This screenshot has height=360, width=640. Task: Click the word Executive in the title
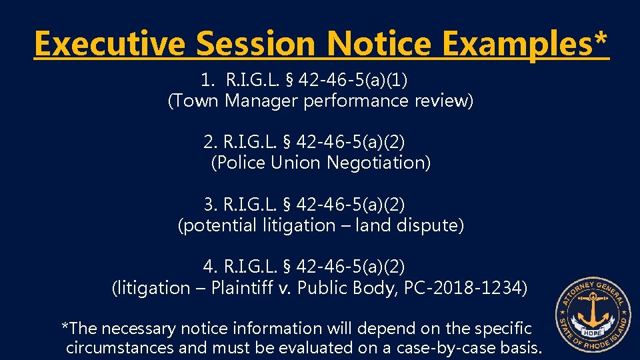click(110, 45)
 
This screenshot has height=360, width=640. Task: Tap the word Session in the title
click(256, 45)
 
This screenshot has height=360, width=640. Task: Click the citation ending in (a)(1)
click(317, 81)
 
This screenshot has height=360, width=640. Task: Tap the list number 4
click(209, 267)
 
